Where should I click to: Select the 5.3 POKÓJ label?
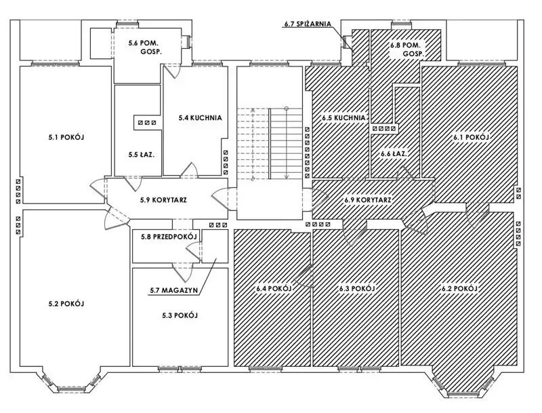tap(179, 315)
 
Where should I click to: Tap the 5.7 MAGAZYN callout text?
tap(173, 291)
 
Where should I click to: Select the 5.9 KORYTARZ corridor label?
tap(163, 200)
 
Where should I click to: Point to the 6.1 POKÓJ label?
tap(471, 137)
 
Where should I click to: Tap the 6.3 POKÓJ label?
tap(357, 289)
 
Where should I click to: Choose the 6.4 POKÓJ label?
tap(274, 289)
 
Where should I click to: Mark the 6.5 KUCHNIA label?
tap(343, 117)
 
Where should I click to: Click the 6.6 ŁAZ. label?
tap(393, 154)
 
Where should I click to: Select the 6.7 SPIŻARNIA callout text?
tap(306, 24)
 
